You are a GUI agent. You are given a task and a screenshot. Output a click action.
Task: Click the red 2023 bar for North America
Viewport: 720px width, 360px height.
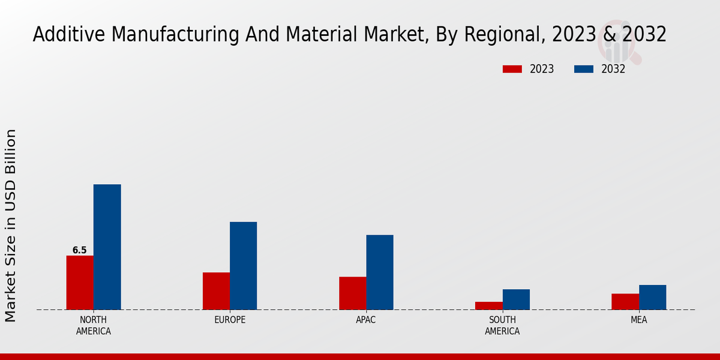(80, 283)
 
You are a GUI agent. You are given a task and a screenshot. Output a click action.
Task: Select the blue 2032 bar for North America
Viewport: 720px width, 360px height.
(107, 247)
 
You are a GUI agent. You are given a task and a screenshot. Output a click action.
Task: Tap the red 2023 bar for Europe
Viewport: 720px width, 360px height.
(216, 291)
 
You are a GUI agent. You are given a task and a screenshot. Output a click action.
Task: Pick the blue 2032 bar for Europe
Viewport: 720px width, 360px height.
(243, 266)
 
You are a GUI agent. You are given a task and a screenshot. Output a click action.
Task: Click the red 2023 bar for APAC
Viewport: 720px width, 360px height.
(352, 293)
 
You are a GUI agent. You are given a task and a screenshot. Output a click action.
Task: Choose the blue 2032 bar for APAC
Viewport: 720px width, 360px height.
(380, 272)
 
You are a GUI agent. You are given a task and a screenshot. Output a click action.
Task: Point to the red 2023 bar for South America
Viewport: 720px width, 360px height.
(488, 305)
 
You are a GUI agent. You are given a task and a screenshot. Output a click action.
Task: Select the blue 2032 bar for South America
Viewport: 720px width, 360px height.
(516, 299)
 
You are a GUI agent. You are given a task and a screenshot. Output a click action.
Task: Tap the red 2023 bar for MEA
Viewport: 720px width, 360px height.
(625, 301)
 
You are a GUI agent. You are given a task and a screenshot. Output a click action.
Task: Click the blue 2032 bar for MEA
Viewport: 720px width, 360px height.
(652, 297)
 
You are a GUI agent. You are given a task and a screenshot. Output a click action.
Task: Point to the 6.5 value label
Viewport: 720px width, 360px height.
(79, 250)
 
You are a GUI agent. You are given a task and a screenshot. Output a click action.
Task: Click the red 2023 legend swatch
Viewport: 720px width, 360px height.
(512, 69)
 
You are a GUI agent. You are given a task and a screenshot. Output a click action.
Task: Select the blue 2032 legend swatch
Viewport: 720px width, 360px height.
(583, 69)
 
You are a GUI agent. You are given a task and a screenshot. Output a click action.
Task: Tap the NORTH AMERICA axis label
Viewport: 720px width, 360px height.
(94, 325)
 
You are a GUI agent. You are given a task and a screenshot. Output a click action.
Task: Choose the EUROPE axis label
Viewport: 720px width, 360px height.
(230, 320)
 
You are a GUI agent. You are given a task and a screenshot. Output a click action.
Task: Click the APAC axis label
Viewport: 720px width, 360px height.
(366, 320)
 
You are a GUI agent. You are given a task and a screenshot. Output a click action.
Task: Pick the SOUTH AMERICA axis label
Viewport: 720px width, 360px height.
(502, 325)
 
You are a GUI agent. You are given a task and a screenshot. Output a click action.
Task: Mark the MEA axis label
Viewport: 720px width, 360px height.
(638, 320)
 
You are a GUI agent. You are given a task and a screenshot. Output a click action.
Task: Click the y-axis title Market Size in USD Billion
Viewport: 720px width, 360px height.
(11, 225)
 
